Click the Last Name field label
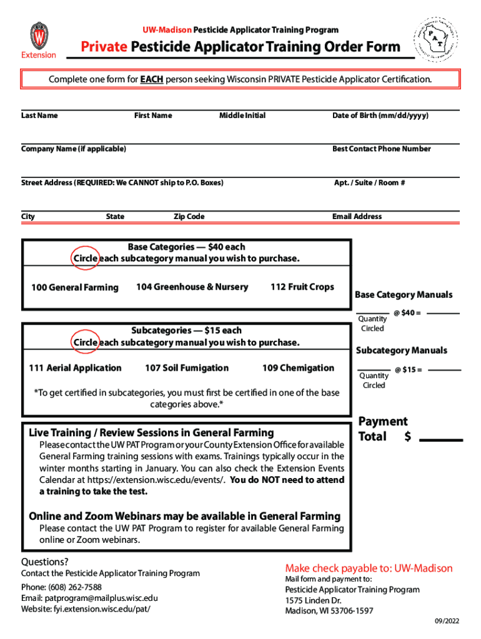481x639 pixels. click(x=39, y=115)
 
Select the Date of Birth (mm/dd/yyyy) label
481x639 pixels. click(x=380, y=115)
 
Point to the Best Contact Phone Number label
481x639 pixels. click(x=381, y=149)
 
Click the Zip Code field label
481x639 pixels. click(x=189, y=217)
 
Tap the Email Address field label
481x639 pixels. click(x=357, y=217)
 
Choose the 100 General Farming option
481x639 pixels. click(x=74, y=288)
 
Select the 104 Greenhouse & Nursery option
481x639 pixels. click(x=192, y=287)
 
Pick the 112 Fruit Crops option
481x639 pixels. click(x=302, y=287)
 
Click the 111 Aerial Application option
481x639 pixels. click(x=75, y=368)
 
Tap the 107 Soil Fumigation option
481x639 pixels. click(x=187, y=368)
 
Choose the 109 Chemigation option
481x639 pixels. click(x=298, y=368)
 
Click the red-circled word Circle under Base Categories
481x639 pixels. click(x=85, y=258)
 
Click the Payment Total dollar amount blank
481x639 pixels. click(x=441, y=439)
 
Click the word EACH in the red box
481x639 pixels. click(x=151, y=80)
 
